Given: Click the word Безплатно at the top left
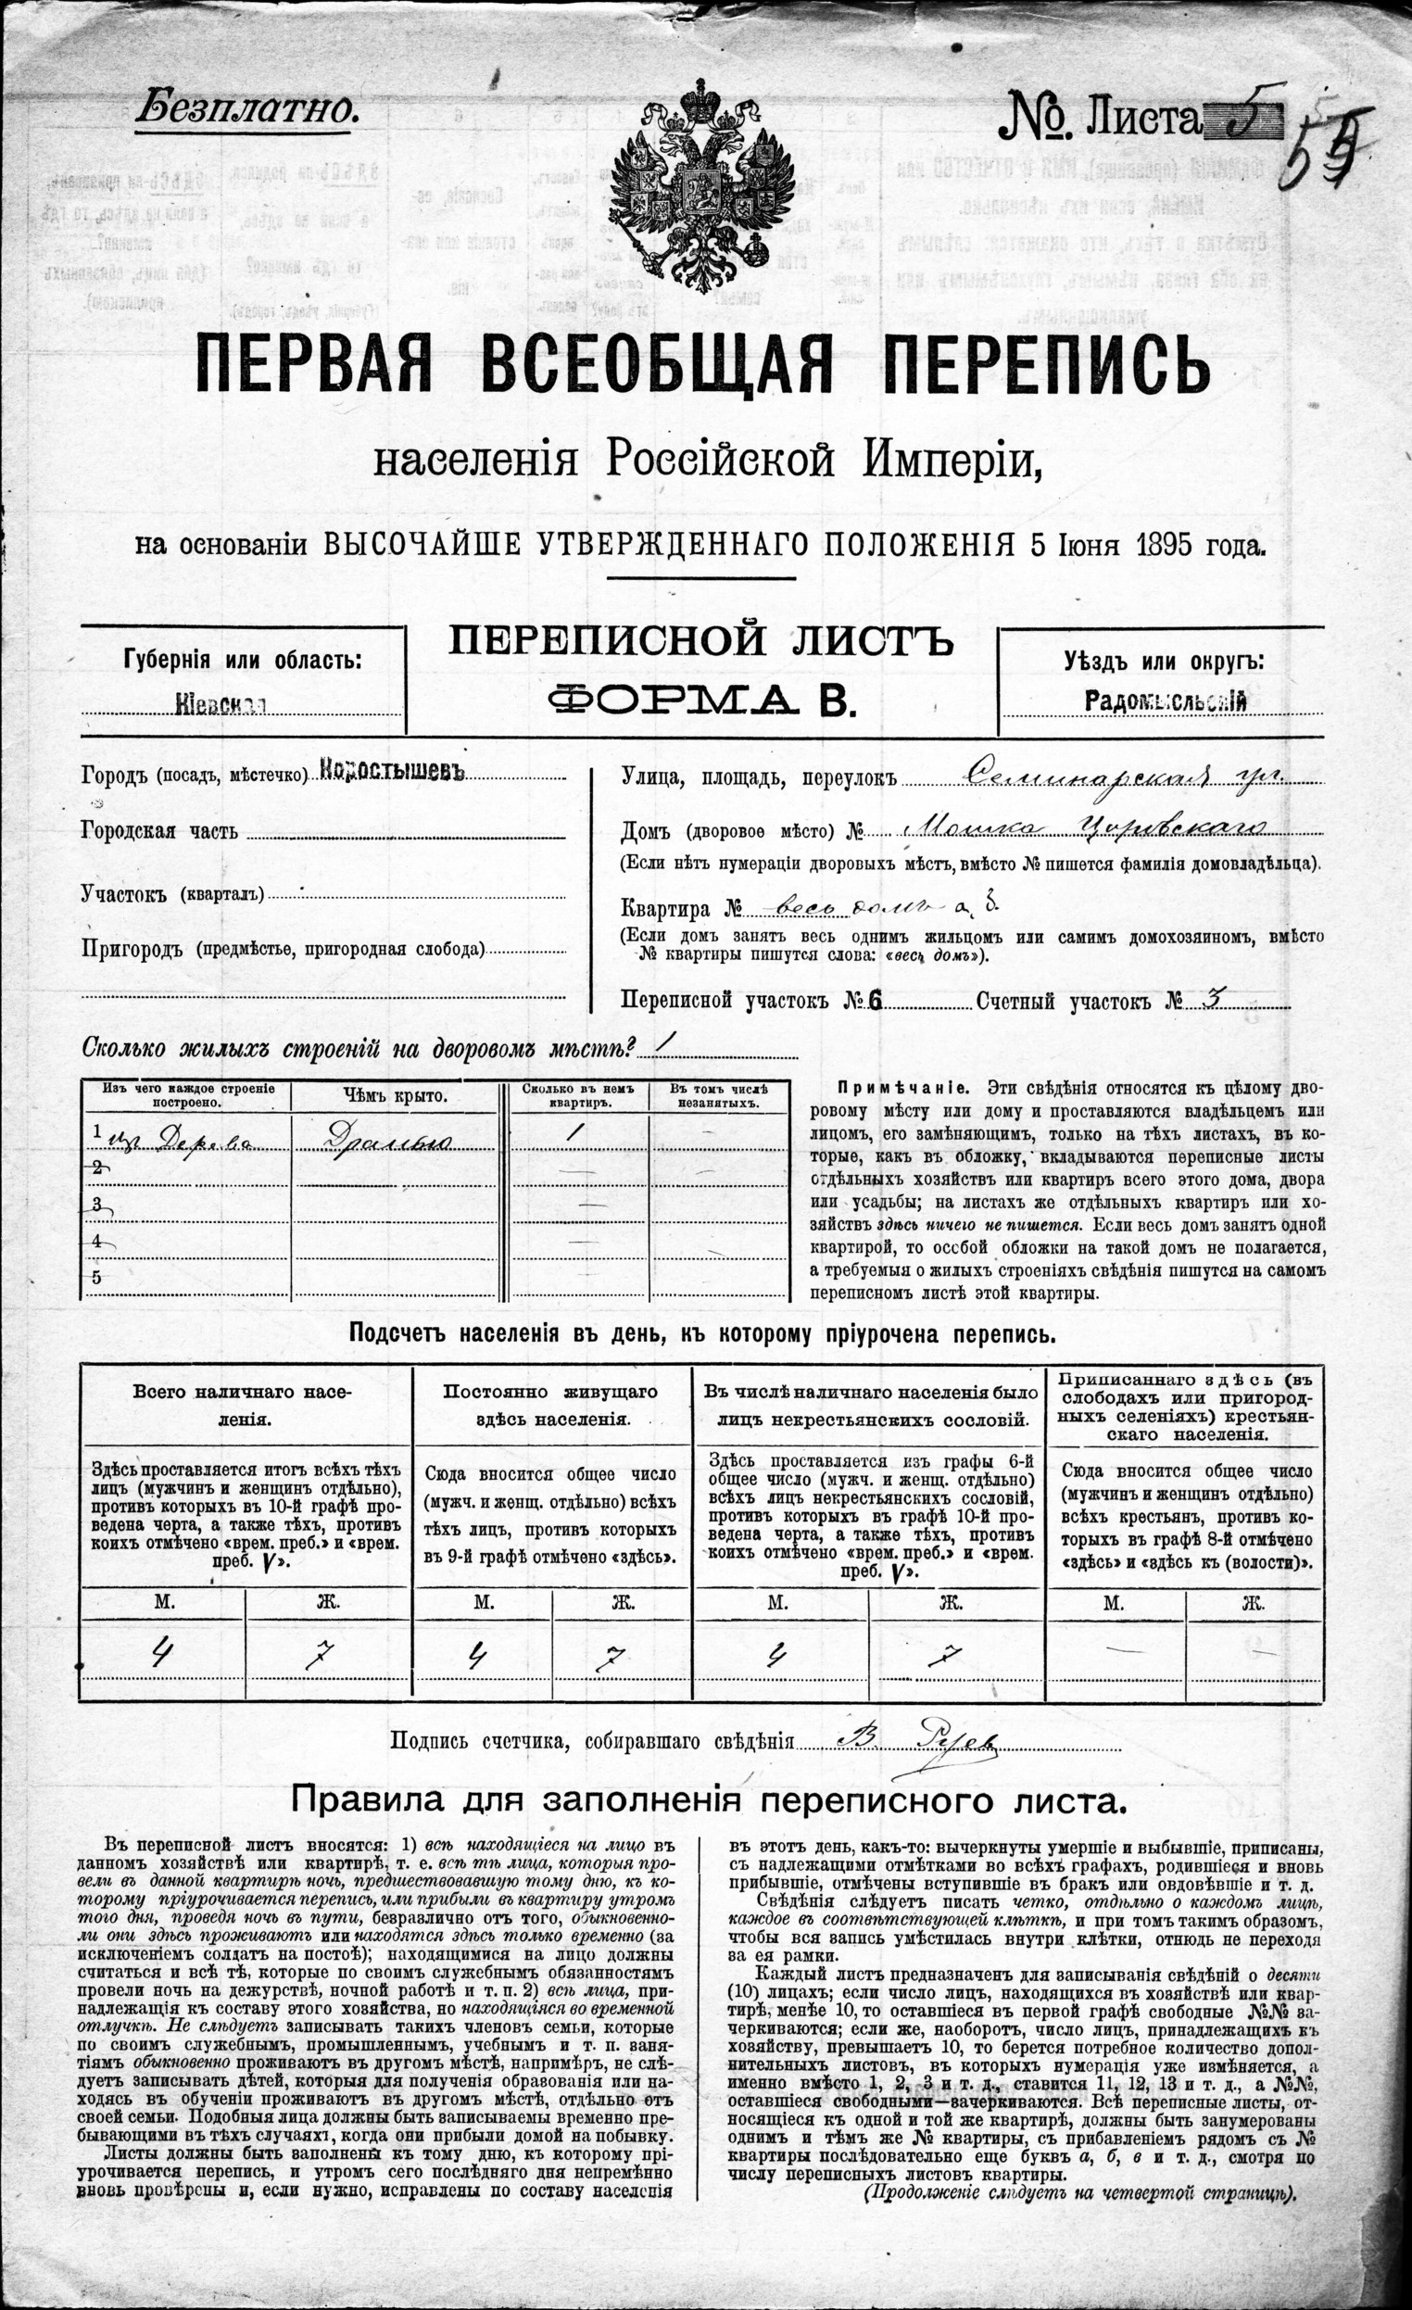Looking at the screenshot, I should click(x=247, y=110).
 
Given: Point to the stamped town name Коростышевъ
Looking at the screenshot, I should click(x=393, y=769).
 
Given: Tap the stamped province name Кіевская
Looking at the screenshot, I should click(x=220, y=705).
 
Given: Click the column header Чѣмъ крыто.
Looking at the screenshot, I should click(x=397, y=1095).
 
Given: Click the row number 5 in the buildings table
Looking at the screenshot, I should click(x=96, y=1277).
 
